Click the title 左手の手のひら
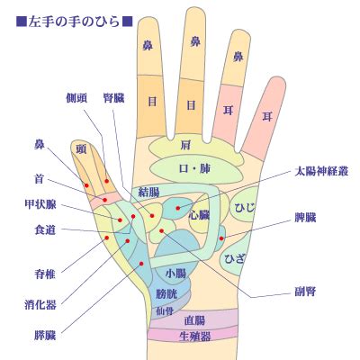[x=74, y=22]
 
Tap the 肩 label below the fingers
[x=185, y=146]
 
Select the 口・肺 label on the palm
[x=194, y=168]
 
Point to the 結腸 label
[x=149, y=192]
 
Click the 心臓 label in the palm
[x=199, y=215]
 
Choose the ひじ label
[x=245, y=207]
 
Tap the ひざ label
[x=235, y=258]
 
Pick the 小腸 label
[x=175, y=274]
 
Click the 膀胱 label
[x=166, y=293]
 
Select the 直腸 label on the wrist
[x=194, y=321]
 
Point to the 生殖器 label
[x=194, y=337]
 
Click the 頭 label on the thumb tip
[x=81, y=148]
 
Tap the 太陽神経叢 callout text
[x=321, y=171]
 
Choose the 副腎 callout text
[x=305, y=292]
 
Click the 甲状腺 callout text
[x=40, y=204]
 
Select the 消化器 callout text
[x=40, y=305]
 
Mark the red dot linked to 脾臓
[x=221, y=238]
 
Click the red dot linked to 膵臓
[x=141, y=264]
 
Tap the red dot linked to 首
[x=105, y=200]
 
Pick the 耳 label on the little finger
[x=267, y=116]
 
